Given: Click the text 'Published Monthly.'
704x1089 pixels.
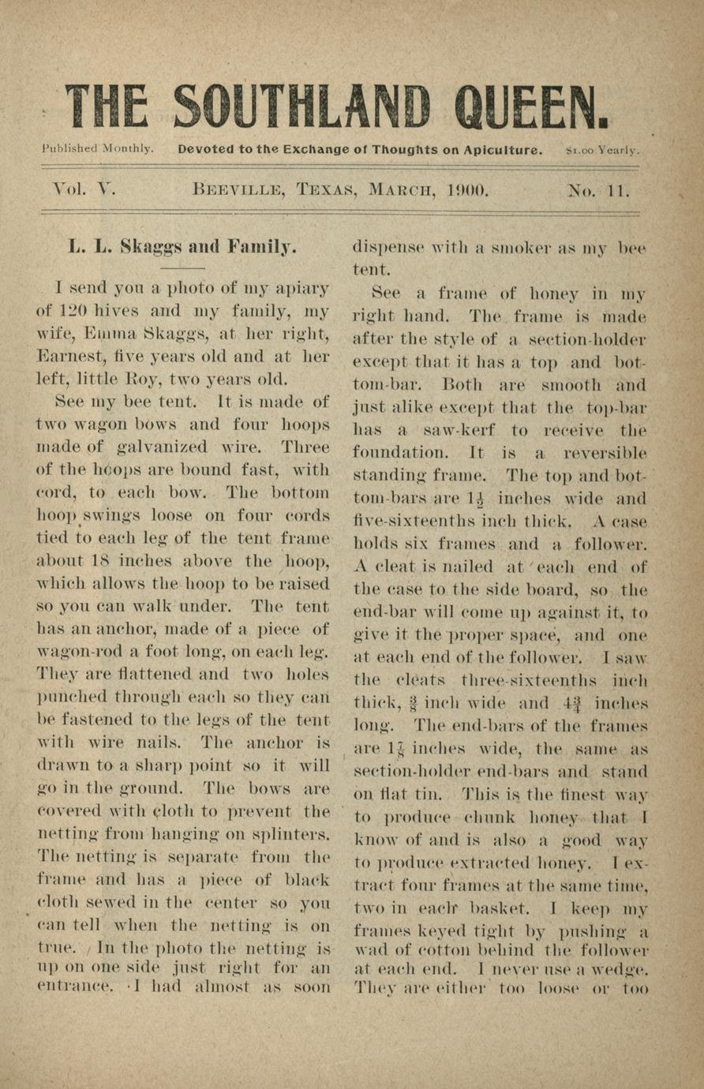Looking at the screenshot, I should tap(98, 148).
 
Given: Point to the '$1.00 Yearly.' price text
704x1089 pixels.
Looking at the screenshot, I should tap(603, 149).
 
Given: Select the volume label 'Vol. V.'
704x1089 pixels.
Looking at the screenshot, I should tap(83, 190).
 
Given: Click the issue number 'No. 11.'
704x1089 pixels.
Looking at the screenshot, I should tap(598, 190).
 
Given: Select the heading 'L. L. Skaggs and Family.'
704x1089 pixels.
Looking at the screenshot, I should tap(182, 246).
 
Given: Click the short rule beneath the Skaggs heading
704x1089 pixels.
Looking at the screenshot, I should tap(182, 268).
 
